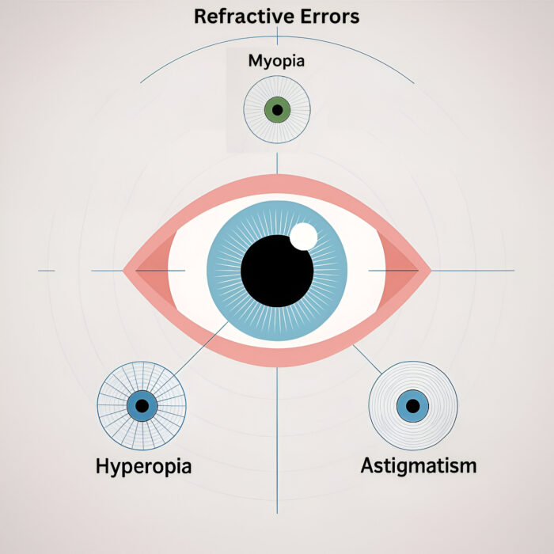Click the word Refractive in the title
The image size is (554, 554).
pyautogui.click(x=236, y=16)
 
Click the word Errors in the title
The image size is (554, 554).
pyautogui.click(x=328, y=16)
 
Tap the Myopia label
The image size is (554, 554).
pyautogui.click(x=276, y=61)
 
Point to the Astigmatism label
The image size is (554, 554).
pyautogui.click(x=419, y=465)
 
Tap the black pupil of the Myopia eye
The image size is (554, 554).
pyautogui.click(x=277, y=109)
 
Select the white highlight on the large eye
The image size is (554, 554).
pyautogui.click(x=303, y=236)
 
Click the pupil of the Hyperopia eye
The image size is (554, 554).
pyautogui.click(x=142, y=405)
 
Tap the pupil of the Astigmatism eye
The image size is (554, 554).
pyautogui.click(x=412, y=405)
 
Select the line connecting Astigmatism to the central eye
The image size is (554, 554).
pyautogui.click(x=366, y=360)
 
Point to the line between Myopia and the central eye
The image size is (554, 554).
pyautogui.click(x=277, y=162)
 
